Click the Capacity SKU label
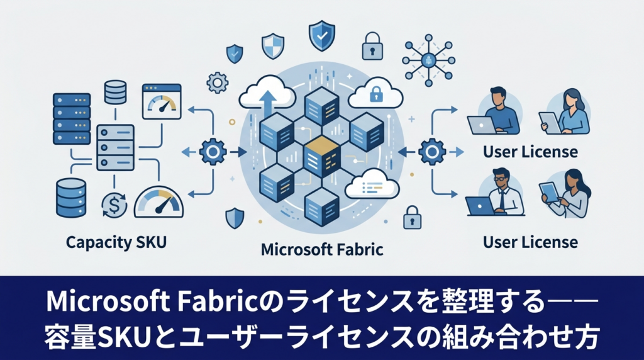point(116,242)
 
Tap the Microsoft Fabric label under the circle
point(322,249)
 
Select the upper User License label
point(530,152)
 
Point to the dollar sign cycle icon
point(114,205)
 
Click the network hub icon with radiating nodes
point(428,60)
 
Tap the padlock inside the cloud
point(376,94)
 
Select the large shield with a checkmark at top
point(322,37)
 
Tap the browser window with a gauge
point(162,101)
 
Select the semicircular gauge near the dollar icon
point(158,202)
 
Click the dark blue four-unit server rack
point(72,118)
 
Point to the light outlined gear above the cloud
point(217,82)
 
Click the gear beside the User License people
point(432,152)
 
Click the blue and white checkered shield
point(273,46)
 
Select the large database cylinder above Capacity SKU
point(71,198)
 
